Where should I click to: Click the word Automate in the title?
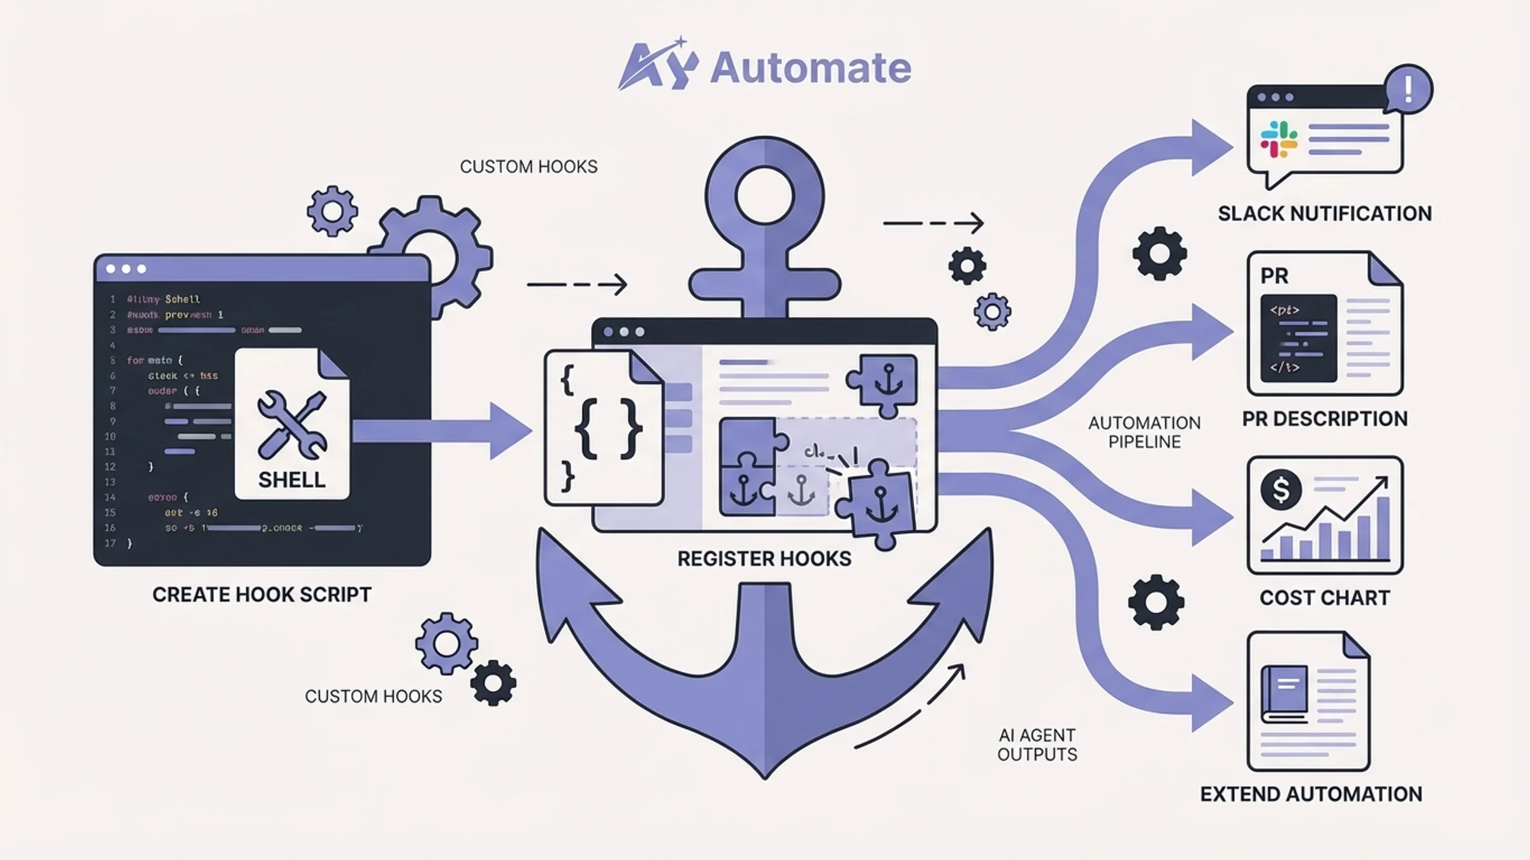click(x=810, y=68)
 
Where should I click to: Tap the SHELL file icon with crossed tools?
click(x=292, y=424)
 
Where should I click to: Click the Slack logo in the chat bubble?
click(x=1278, y=140)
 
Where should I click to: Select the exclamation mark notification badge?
click(x=1408, y=89)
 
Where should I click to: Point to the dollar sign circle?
click(x=1281, y=489)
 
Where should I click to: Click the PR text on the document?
click(x=1274, y=276)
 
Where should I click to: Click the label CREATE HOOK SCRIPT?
click(x=261, y=594)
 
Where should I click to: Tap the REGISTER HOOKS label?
click(x=764, y=559)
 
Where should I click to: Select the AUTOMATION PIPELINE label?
click(x=1144, y=432)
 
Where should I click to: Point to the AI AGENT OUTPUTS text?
click(x=1037, y=745)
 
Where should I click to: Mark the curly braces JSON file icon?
click(x=603, y=428)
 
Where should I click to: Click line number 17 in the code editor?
click(x=110, y=543)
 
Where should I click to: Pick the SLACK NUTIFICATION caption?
click(x=1325, y=213)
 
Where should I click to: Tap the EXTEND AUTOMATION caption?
click(x=1311, y=794)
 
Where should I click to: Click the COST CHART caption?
click(x=1325, y=598)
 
